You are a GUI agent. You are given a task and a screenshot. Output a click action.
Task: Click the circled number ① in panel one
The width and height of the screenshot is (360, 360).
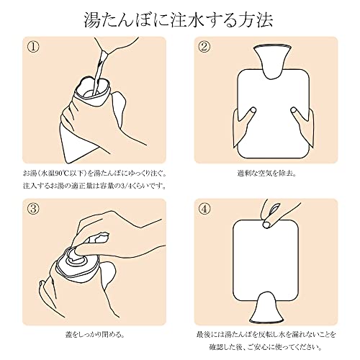pos(33,46)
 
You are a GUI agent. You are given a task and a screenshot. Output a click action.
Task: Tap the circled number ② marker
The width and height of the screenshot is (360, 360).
pos(204,46)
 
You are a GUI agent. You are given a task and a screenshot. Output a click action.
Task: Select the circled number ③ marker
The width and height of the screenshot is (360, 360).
pos(33,208)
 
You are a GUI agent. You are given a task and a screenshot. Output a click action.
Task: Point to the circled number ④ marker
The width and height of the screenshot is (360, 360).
pos(204,208)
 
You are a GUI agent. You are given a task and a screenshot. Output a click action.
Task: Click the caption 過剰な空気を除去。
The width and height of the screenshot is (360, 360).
pos(266,173)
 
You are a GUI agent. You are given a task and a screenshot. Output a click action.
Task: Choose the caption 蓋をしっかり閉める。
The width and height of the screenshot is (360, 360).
pos(95,334)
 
